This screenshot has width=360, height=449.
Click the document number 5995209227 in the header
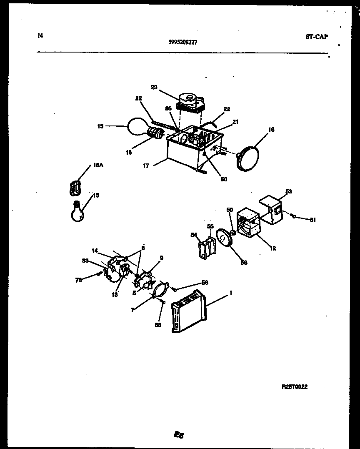183,42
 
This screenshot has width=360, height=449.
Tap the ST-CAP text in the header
317,37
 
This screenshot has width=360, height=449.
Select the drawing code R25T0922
295,387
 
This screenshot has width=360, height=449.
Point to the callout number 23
154,87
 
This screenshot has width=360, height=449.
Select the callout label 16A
98,165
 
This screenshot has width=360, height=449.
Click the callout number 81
312,220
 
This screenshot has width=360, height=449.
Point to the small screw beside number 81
294,216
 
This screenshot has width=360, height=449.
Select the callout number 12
273,248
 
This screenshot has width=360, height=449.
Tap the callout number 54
194,235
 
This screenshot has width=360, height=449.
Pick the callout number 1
230,293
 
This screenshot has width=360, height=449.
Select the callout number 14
95,251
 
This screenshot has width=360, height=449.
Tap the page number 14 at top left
40,35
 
